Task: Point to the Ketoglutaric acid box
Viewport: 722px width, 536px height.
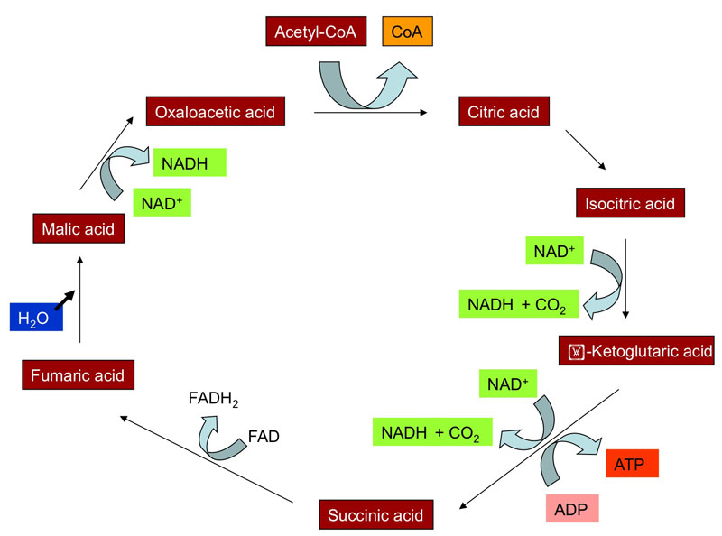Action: tap(636, 348)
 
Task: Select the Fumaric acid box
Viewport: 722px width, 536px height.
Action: tap(77, 374)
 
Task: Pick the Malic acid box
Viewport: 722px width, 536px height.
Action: tap(79, 228)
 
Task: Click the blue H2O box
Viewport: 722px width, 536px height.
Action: tap(34, 318)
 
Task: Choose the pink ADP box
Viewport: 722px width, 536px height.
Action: tap(571, 508)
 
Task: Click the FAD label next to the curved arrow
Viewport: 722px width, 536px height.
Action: tap(264, 438)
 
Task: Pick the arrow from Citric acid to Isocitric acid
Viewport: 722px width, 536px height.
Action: tap(586, 150)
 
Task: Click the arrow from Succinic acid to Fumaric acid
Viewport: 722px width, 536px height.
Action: tap(208, 457)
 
